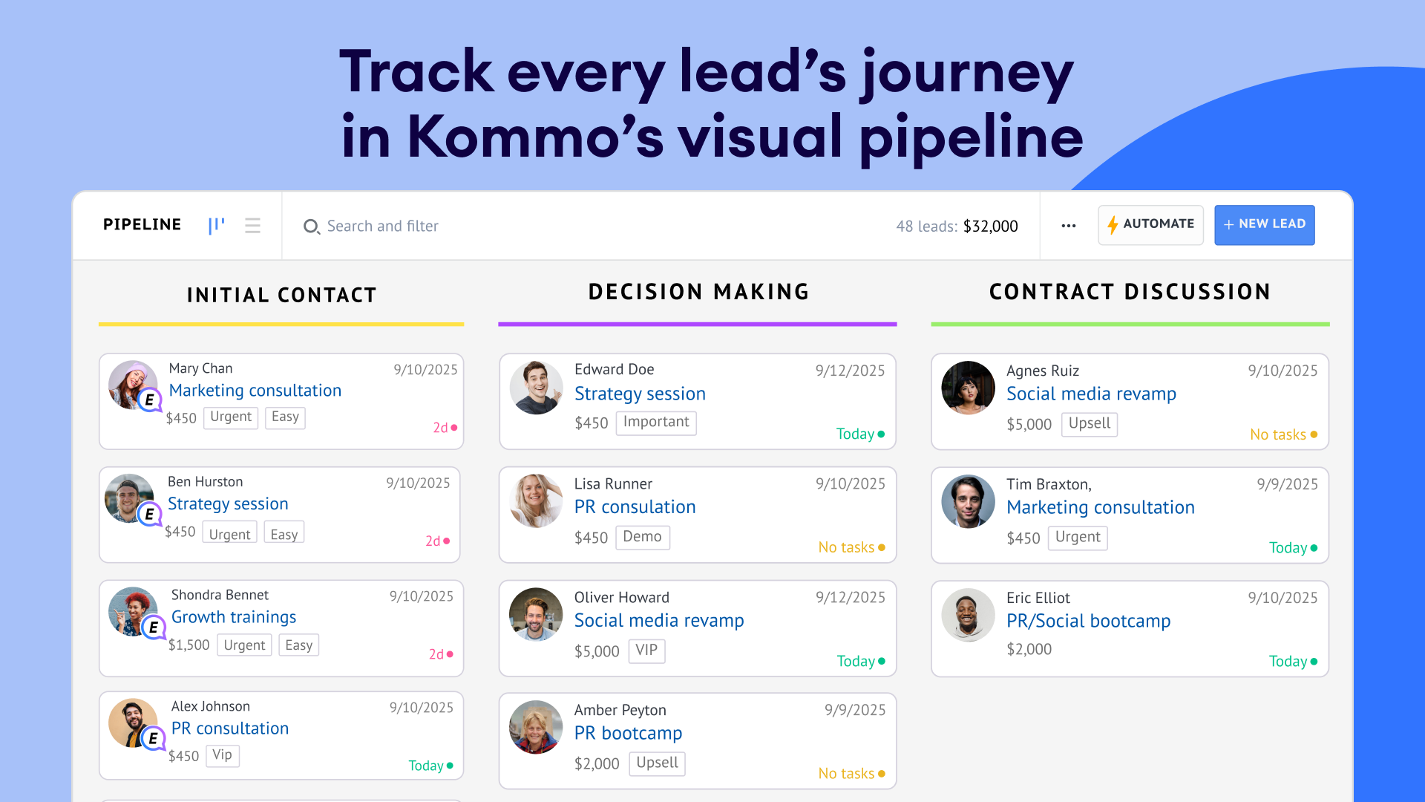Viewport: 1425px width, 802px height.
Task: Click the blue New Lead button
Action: click(1264, 224)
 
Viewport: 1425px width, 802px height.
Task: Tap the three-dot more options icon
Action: click(1069, 226)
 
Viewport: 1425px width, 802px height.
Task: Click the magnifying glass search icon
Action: click(312, 226)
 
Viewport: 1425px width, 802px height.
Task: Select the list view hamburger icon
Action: click(252, 226)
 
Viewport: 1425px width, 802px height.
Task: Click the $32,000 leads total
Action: click(991, 226)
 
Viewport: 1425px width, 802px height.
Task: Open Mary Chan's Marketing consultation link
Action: click(255, 391)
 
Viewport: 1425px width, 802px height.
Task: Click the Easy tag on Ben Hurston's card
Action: click(284, 534)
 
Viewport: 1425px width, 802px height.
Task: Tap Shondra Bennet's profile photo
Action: click(132, 612)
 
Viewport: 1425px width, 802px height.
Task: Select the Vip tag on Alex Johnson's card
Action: click(222, 755)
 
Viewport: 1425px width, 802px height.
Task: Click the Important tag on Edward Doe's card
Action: click(656, 422)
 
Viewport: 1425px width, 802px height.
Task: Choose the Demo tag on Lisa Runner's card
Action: click(643, 537)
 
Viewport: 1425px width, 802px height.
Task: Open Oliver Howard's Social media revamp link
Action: click(659, 621)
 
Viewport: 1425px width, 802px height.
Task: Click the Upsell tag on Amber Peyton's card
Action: click(657, 763)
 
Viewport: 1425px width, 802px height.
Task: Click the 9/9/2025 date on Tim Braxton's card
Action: click(1288, 484)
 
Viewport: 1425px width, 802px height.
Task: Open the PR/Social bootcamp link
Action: click(1088, 622)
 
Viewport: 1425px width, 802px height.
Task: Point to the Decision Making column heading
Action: click(698, 292)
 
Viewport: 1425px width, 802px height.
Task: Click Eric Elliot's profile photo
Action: click(968, 615)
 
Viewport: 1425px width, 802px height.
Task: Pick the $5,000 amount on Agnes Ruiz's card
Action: click(1029, 425)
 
